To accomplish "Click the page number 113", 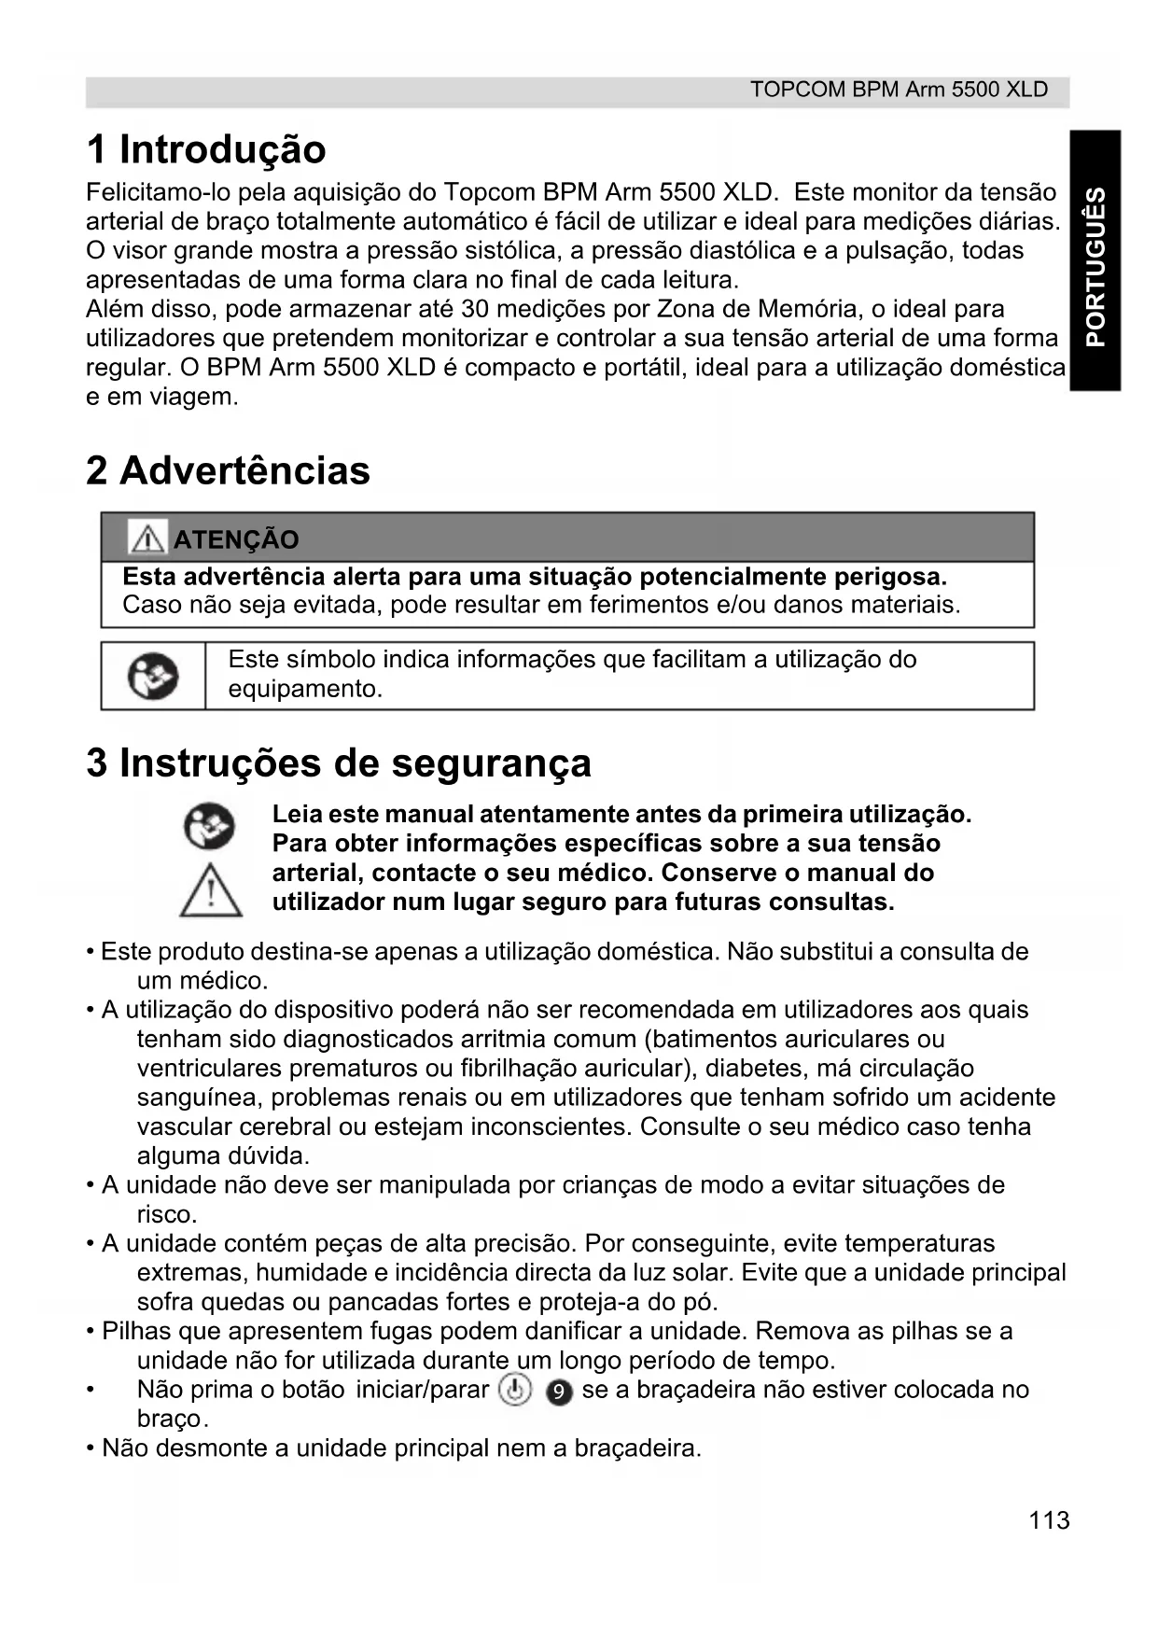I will tap(1049, 1520).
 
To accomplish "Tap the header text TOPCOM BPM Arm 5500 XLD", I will tap(899, 91).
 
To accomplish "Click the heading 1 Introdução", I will tap(206, 150).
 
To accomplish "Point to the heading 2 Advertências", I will tap(228, 471).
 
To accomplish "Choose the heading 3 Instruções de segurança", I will tap(339, 763).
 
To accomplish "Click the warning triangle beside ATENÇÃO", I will tap(147, 539).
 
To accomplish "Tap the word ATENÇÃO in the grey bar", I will tap(236, 540).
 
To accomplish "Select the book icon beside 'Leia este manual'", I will tap(209, 827).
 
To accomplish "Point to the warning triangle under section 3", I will tap(211, 890).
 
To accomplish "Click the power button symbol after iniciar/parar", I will tap(515, 1391).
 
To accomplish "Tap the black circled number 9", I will tap(558, 1392).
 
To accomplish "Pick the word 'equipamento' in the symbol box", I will tap(304, 690).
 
